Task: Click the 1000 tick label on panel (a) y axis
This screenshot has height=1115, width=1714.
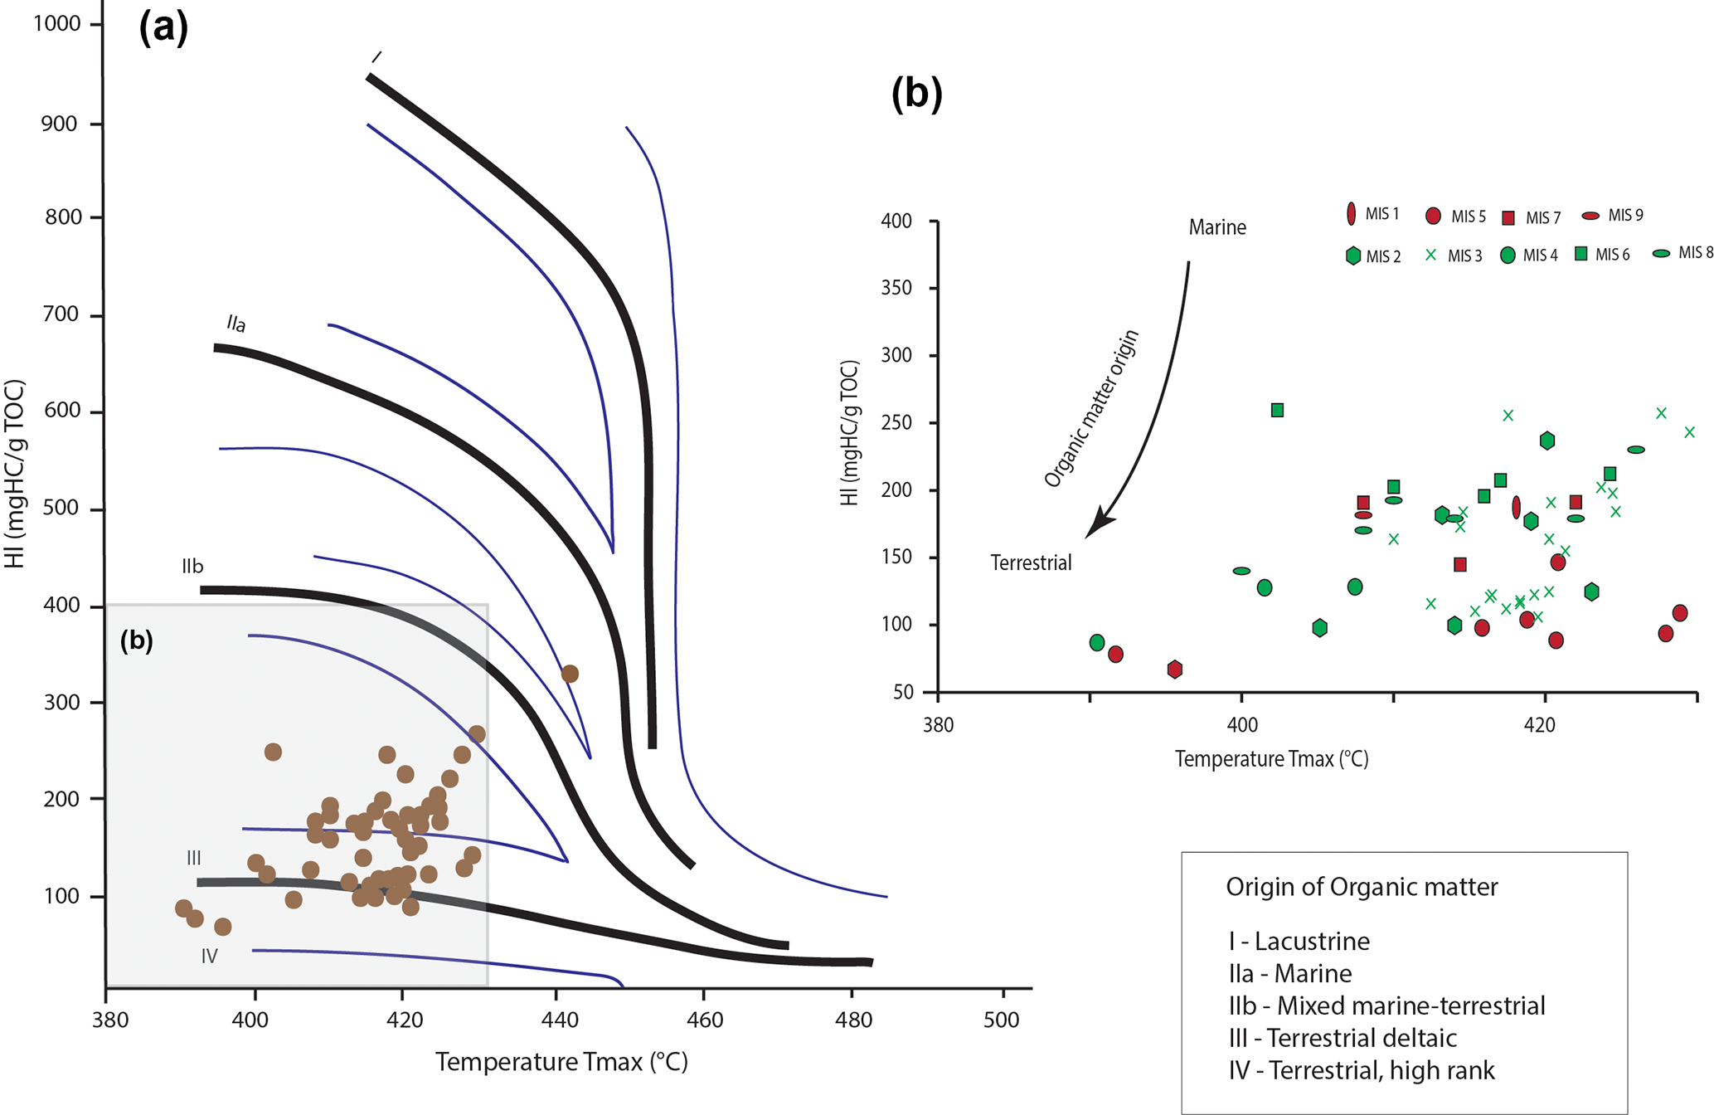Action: pos(57,23)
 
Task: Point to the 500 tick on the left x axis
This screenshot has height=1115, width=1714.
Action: pos(1002,1020)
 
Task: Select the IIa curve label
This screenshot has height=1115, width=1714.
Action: pos(236,324)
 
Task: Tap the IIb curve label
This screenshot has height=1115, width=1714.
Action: pos(192,567)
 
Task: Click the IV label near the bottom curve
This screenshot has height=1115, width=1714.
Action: pos(210,957)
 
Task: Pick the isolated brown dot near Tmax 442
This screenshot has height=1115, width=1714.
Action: pos(570,674)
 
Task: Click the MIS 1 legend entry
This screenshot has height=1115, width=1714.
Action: pos(1373,214)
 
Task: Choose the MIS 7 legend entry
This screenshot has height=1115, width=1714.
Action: pos(1532,217)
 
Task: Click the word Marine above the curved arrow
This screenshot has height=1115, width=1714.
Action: pos(1217,227)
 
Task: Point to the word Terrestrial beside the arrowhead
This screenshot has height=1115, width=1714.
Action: pos(1031,563)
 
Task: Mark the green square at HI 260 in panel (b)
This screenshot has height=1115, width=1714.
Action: pos(1278,410)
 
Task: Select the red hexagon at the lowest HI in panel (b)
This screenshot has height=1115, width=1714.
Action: pos(1175,669)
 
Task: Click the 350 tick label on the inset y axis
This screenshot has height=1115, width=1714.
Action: pos(896,288)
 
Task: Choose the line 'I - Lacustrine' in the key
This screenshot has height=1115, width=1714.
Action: pos(1299,942)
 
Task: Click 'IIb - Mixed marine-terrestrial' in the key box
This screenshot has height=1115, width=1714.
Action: pos(1387,1005)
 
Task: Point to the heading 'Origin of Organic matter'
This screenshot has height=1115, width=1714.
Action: pos(1362,887)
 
